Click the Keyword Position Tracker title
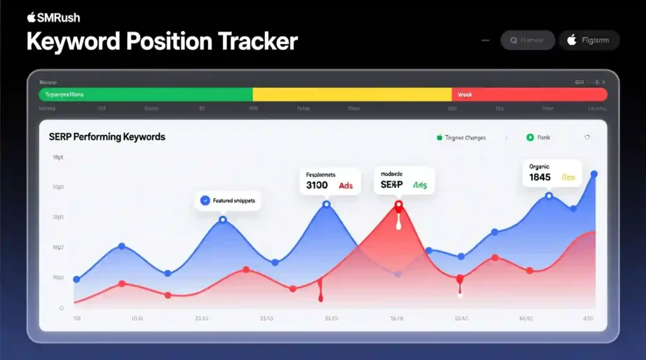[161, 42]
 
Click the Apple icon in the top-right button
[572, 40]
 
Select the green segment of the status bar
[145, 95]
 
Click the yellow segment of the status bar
[352, 95]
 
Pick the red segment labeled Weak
[529, 95]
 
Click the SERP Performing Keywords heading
[107, 136]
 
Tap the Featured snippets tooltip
[229, 200]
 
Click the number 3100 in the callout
[317, 185]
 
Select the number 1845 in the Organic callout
[539, 178]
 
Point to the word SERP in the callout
[392, 185]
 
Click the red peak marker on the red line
[398, 204]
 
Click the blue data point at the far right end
[594, 174]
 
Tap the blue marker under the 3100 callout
[326, 204]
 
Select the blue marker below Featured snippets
[223, 219]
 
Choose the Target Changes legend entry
[461, 137]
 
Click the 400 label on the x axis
[588, 319]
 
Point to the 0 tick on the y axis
[61, 308]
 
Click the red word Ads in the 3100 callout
[346, 185]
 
